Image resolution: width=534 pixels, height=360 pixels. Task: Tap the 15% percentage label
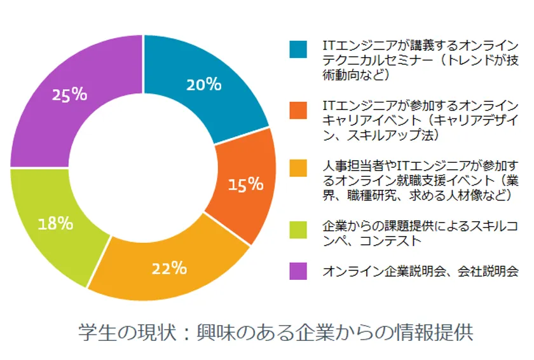(246, 184)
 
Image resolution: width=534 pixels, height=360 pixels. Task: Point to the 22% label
(169, 268)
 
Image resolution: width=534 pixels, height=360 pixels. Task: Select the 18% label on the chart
(55, 224)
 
